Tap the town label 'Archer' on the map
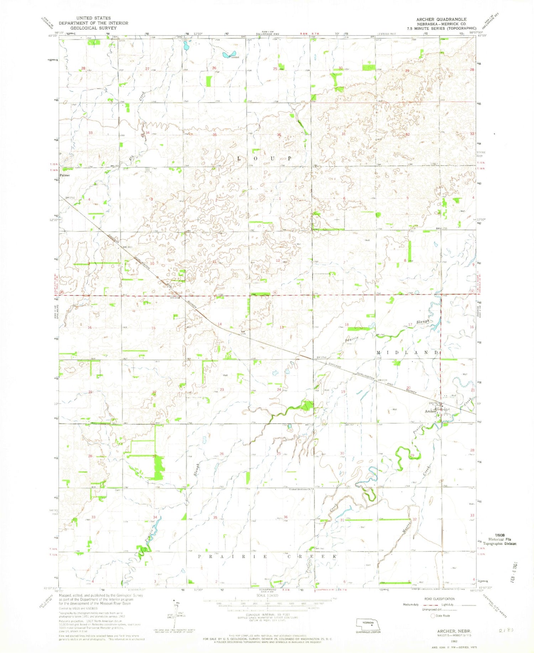point(430,411)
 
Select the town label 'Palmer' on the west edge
point(65,175)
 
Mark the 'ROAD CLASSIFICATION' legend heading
point(439,599)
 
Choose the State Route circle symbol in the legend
point(433,616)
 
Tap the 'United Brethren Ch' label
point(300,489)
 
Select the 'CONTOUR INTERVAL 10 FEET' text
point(267,614)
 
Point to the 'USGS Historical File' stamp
point(500,542)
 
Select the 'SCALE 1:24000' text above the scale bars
point(267,596)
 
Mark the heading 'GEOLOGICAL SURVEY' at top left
point(93,28)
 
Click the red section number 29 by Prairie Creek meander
point(412,455)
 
